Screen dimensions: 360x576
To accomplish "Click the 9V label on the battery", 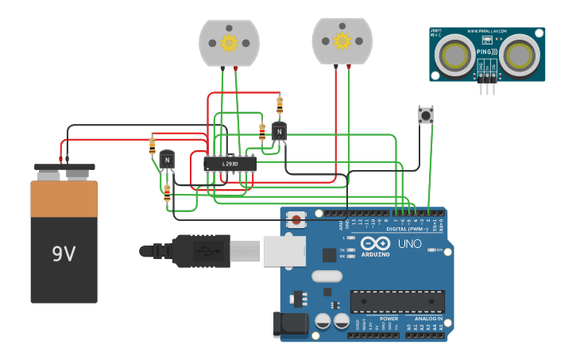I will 64,254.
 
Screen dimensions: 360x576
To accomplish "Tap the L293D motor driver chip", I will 230,164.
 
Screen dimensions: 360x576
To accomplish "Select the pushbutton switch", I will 426,115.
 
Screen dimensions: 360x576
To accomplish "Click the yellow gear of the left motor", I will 229,43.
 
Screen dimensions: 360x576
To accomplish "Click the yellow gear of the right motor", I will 342,41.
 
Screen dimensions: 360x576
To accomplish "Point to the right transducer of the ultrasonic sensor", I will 520,55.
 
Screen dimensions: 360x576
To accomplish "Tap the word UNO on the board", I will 409,243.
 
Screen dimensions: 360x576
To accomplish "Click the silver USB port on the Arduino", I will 284,250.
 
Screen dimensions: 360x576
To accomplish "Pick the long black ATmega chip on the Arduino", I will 397,301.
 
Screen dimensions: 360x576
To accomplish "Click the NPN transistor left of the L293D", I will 167,160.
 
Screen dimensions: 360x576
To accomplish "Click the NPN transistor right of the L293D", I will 279,131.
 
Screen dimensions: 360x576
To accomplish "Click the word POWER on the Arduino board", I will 389,319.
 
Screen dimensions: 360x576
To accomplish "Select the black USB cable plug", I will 203,250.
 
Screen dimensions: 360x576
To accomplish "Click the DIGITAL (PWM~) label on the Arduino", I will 406,229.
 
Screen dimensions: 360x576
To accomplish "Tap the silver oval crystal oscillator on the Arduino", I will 327,276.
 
